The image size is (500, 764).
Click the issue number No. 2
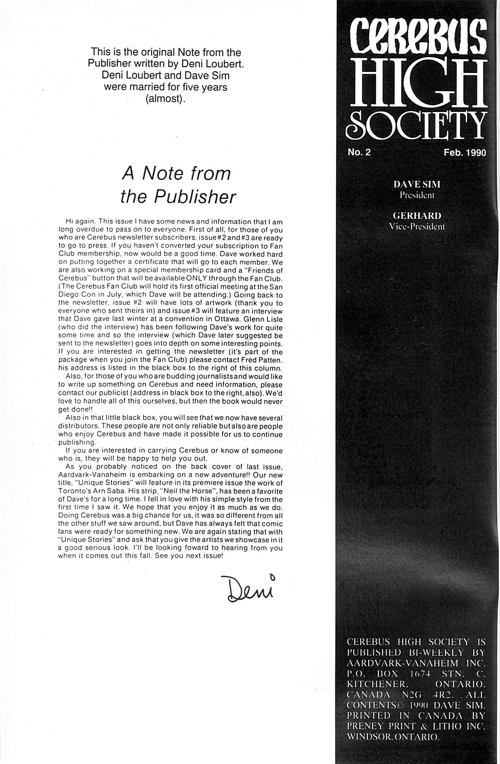click(359, 152)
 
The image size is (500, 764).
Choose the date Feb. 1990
click(465, 153)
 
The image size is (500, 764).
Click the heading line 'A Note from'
click(176, 174)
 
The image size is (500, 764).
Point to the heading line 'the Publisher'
click(178, 197)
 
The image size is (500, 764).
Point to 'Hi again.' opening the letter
click(80, 222)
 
